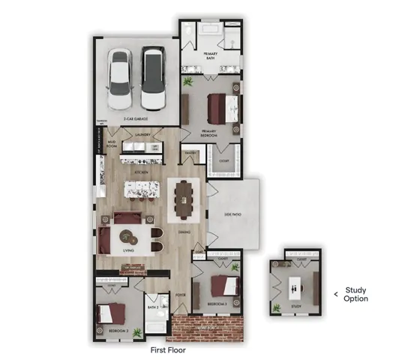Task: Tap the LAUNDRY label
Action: pos(143,136)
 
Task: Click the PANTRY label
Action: pos(190,154)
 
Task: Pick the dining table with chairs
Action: pos(182,199)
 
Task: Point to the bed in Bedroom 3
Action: pos(223,286)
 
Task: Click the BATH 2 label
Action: pos(152,307)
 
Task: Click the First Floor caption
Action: pos(169,349)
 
